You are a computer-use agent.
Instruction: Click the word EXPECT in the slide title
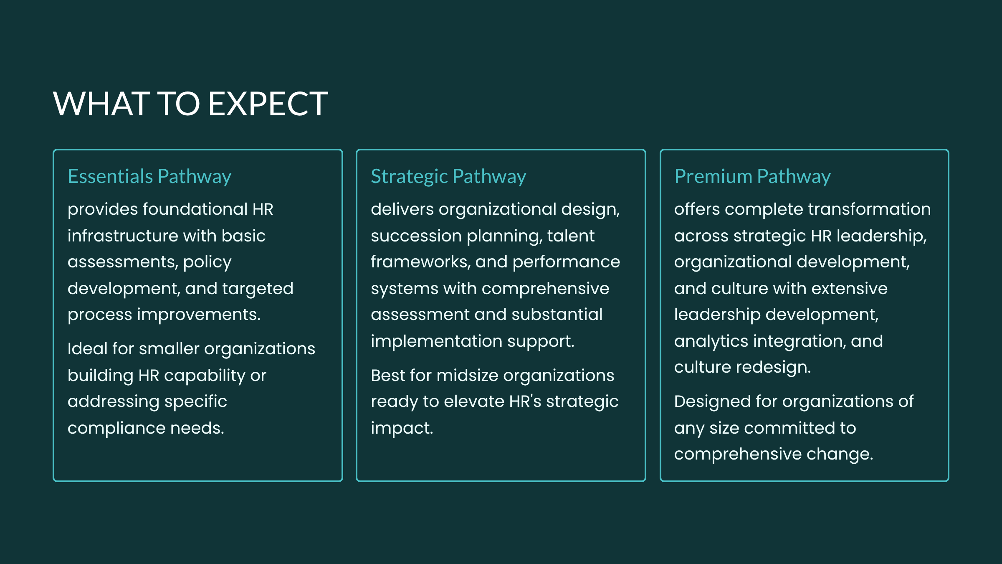click(x=268, y=104)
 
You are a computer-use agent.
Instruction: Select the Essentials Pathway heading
click(x=149, y=177)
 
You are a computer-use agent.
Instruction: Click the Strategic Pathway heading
click(x=448, y=177)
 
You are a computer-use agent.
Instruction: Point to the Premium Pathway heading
click(x=752, y=177)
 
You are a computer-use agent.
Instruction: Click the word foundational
click(x=195, y=209)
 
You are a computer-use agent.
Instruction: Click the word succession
click(x=416, y=236)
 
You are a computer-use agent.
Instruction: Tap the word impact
click(x=402, y=428)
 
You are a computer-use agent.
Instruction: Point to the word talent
click(x=571, y=236)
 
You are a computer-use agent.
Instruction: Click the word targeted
click(x=258, y=289)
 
